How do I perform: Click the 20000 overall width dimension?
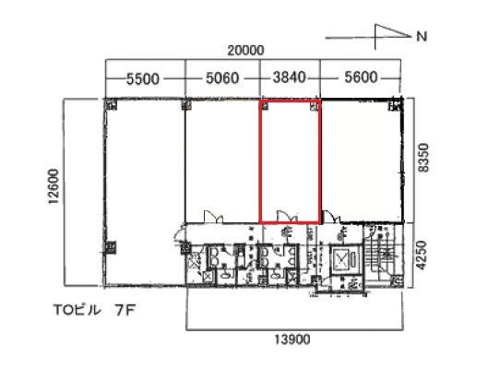[245, 51]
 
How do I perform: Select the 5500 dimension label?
[143, 79]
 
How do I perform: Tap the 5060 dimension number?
[222, 78]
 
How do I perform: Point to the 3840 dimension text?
[290, 77]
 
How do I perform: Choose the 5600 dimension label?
[361, 77]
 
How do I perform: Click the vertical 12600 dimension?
[54, 186]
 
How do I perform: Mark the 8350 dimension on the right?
[423, 158]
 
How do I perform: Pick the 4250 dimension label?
[423, 256]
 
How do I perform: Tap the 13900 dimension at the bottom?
[292, 339]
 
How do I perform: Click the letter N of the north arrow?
[422, 37]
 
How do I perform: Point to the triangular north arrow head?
[393, 31]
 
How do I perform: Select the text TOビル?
[77, 310]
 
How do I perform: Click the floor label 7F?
[125, 311]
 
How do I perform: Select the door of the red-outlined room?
[286, 216]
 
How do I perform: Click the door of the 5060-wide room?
[213, 216]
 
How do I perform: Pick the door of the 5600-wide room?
[331, 216]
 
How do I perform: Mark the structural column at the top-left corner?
[111, 104]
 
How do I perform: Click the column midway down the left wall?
[110, 247]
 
